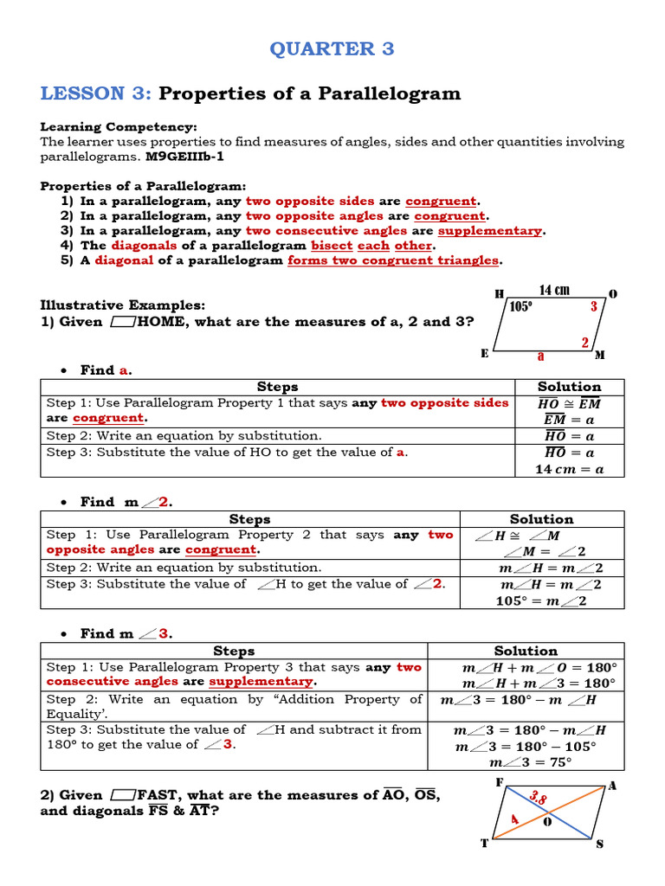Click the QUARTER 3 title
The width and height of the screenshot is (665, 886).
click(x=332, y=48)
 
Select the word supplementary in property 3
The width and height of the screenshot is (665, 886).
click(x=490, y=231)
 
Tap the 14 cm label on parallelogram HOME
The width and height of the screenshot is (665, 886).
click(x=554, y=291)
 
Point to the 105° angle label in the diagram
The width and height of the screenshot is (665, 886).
click(x=521, y=306)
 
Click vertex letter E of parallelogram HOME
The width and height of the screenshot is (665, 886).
click(x=484, y=353)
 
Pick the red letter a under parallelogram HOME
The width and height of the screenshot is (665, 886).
click(x=541, y=356)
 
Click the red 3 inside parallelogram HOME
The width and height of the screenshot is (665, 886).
click(x=593, y=306)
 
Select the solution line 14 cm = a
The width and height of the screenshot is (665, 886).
click(x=569, y=469)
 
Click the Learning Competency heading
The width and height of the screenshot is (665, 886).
click(x=119, y=126)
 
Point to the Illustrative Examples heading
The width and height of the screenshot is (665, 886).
click(x=123, y=305)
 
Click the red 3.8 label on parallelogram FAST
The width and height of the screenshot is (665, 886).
click(x=538, y=798)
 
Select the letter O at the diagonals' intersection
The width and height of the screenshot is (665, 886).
click(x=546, y=823)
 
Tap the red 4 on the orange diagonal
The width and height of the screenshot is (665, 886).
click(x=514, y=819)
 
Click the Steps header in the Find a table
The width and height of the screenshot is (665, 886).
click(x=277, y=387)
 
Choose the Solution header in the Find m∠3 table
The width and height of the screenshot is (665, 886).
click(x=526, y=651)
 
